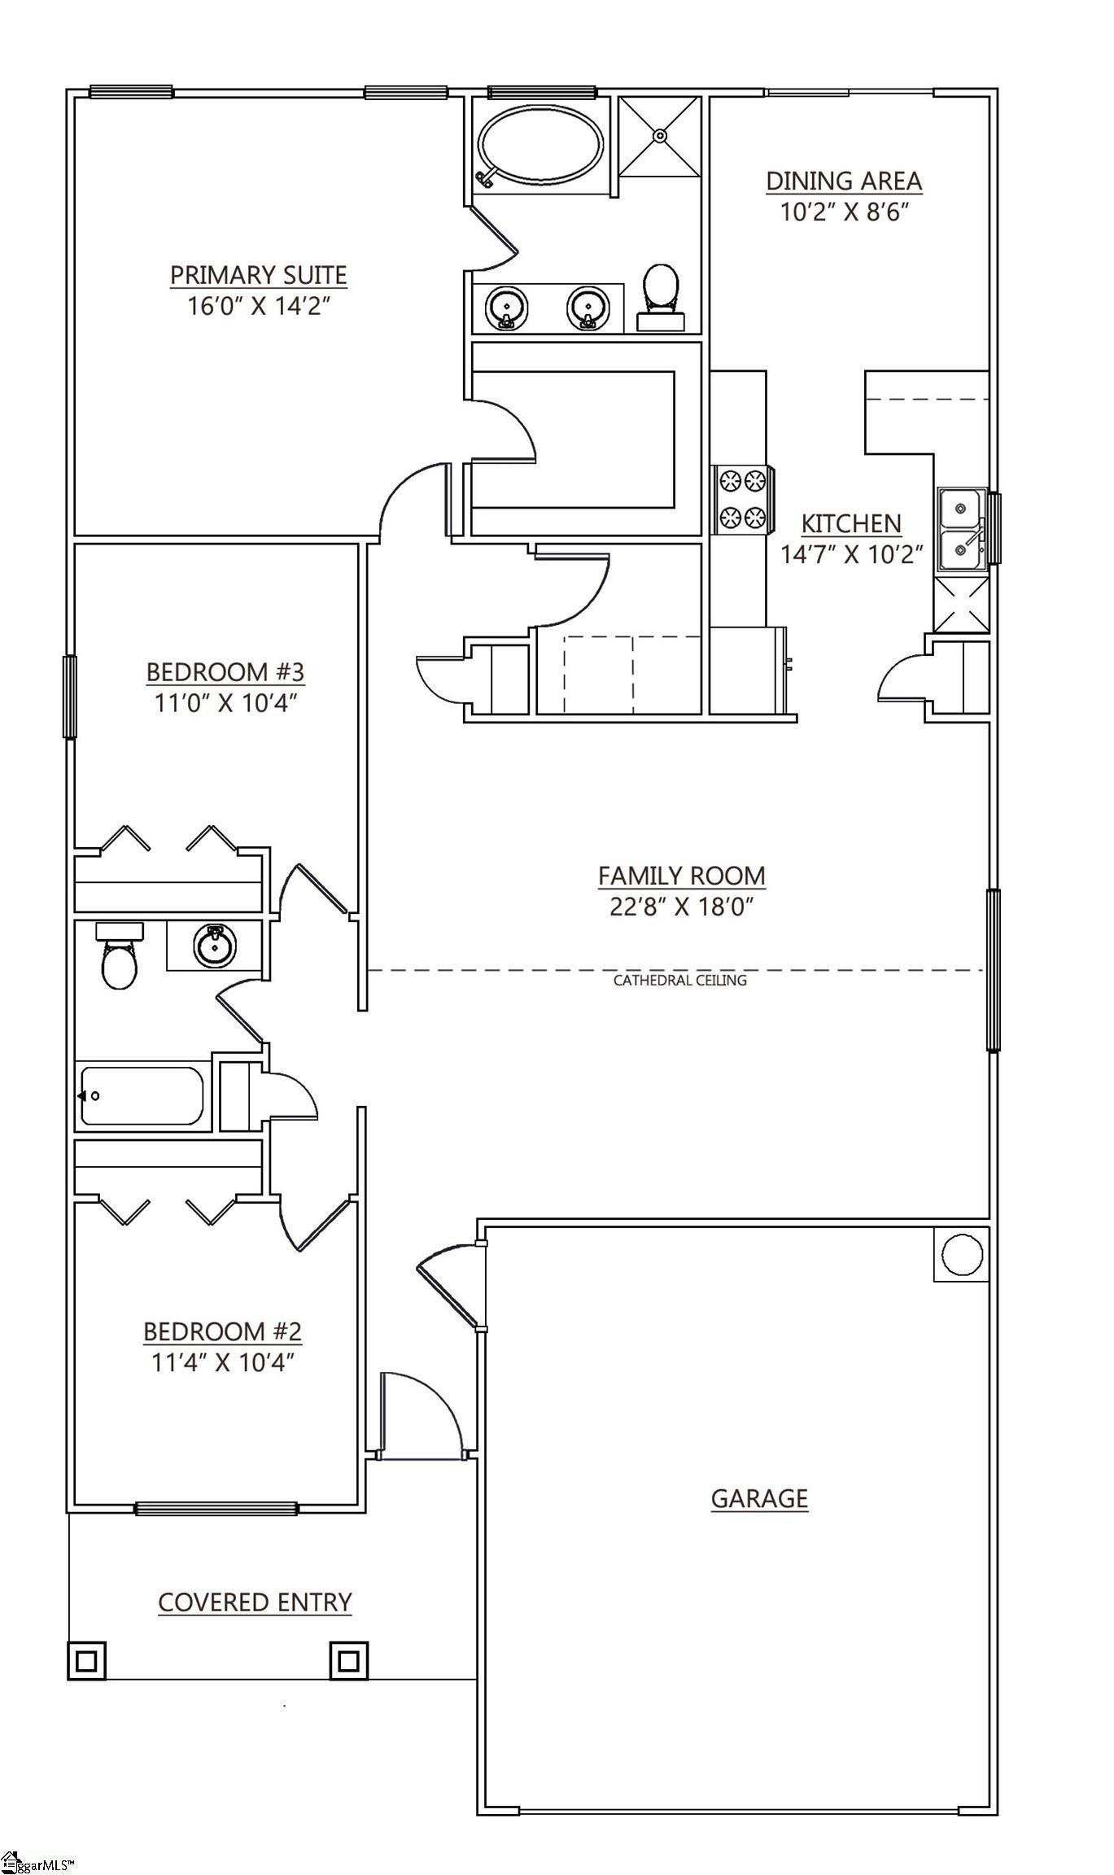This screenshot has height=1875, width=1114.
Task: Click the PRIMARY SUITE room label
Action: pyautogui.click(x=258, y=276)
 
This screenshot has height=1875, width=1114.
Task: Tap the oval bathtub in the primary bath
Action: pyautogui.click(x=541, y=146)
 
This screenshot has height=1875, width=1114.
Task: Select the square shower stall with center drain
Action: pyautogui.click(x=659, y=136)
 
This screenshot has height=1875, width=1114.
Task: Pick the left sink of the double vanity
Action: pyautogui.click(x=506, y=308)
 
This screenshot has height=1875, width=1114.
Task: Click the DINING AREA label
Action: pyautogui.click(x=844, y=181)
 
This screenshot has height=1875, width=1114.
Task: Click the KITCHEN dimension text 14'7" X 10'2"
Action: pyautogui.click(x=851, y=555)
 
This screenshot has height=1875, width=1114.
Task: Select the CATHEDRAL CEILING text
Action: pyautogui.click(x=679, y=981)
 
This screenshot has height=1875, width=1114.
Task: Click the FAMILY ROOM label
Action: pyautogui.click(x=681, y=876)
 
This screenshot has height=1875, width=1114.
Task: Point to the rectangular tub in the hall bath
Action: pyautogui.click(x=142, y=1095)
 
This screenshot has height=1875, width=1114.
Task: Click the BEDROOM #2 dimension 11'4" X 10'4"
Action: pyautogui.click(x=222, y=1362)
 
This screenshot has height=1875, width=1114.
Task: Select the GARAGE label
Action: pyautogui.click(x=759, y=1498)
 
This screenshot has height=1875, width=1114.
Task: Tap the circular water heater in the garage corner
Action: pyautogui.click(x=962, y=1255)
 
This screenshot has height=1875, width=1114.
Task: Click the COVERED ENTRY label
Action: pyautogui.click(x=255, y=1602)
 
